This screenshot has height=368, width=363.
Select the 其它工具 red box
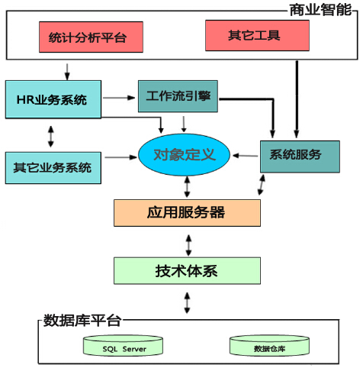[257, 36]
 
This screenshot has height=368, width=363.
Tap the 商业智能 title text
[320, 9]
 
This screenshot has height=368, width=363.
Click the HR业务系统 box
[52, 99]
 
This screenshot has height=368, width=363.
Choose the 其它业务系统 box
[52, 166]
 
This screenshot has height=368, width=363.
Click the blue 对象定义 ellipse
[185, 155]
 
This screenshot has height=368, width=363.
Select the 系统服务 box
[294, 155]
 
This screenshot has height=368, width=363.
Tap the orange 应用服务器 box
[187, 211]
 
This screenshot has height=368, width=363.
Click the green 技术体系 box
[187, 270]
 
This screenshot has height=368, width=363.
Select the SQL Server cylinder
[124, 347]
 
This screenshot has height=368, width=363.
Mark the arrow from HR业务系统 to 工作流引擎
[118, 98]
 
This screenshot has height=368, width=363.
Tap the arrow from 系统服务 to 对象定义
[246, 156]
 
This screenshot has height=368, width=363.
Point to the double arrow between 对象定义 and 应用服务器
[188, 186]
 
